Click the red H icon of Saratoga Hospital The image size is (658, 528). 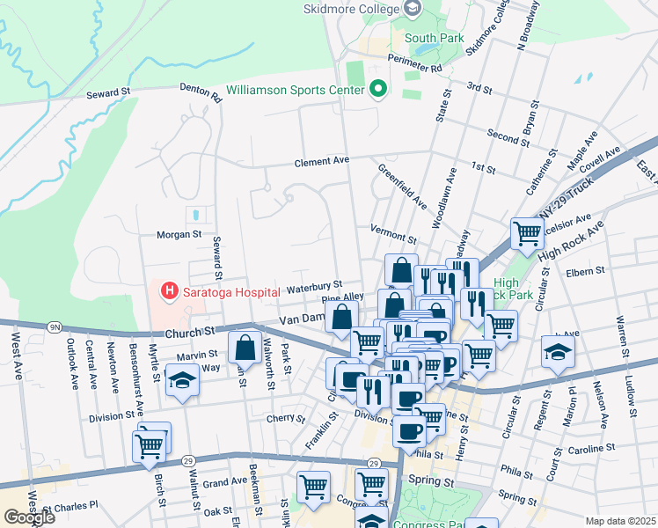(x=166, y=290)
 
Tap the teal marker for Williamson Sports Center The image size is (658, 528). (x=378, y=90)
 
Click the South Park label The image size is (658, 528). (x=434, y=38)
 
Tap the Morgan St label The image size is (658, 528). (x=179, y=235)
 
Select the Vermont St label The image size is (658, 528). (x=392, y=238)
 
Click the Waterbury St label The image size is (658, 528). (x=314, y=286)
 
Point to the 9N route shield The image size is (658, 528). (x=55, y=327)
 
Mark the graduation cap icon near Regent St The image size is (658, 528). (x=558, y=354)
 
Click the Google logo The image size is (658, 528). (x=29, y=517)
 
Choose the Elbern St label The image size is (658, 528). (x=588, y=272)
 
